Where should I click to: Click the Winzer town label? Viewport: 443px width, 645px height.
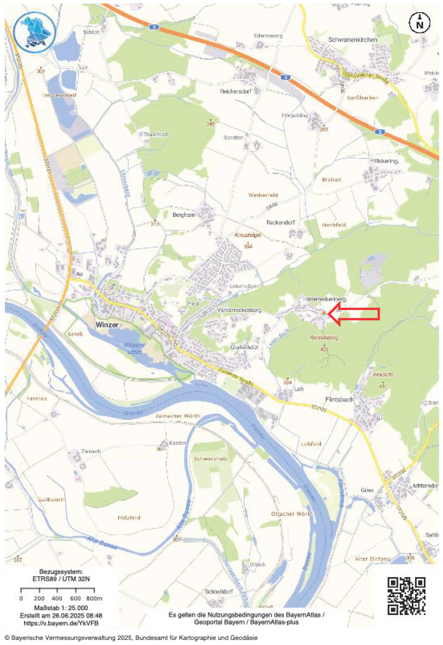click(x=107, y=325)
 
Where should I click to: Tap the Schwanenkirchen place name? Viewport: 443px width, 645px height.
click(x=353, y=40)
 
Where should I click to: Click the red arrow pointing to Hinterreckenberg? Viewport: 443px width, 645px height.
click(x=354, y=313)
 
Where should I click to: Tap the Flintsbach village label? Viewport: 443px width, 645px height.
click(x=339, y=399)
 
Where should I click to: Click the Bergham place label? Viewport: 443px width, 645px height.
click(x=184, y=215)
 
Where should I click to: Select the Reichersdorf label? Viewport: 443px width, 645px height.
click(x=236, y=91)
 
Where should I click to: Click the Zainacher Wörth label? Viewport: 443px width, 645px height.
click(x=178, y=416)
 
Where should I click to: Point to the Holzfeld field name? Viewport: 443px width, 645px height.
click(x=129, y=518)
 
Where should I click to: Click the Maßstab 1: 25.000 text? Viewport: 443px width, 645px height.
click(x=61, y=608)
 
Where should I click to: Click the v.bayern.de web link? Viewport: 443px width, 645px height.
click(x=61, y=623)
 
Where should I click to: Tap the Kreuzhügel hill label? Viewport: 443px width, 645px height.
click(x=248, y=235)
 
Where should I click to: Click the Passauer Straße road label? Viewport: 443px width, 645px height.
click(x=236, y=377)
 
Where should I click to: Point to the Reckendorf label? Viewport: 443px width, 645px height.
click(x=281, y=222)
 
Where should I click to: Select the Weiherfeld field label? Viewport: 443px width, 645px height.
click(x=263, y=195)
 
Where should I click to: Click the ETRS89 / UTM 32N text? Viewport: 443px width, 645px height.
click(x=61, y=579)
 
